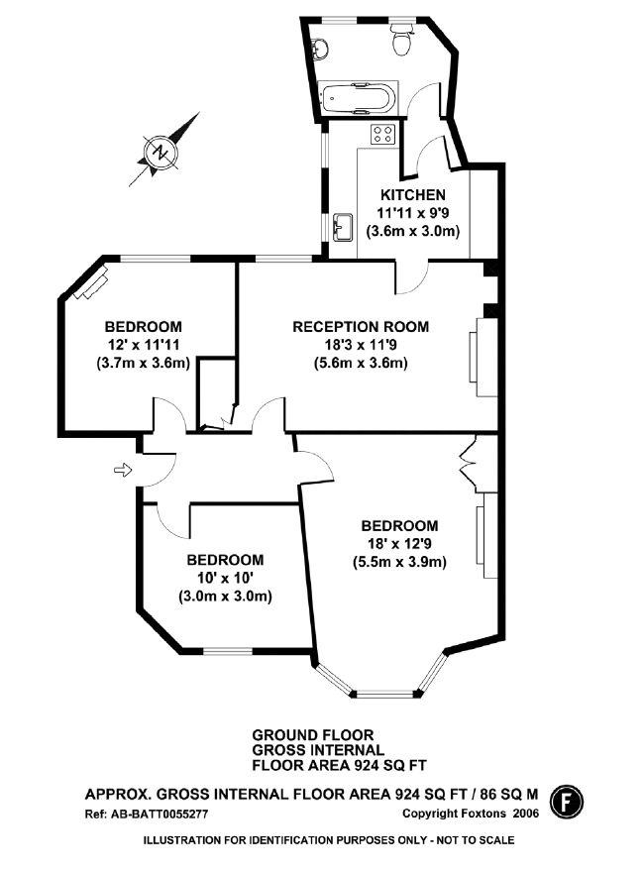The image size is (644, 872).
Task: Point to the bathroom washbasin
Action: point(320,46)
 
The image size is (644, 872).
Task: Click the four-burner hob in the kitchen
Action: point(382,136)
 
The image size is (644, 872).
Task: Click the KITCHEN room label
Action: point(413,194)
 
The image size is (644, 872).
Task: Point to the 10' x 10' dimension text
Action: point(225,578)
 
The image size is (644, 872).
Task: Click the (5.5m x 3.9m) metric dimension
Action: point(399,562)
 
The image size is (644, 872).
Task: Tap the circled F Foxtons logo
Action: point(565,798)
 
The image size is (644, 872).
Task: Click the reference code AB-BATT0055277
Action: point(148,814)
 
